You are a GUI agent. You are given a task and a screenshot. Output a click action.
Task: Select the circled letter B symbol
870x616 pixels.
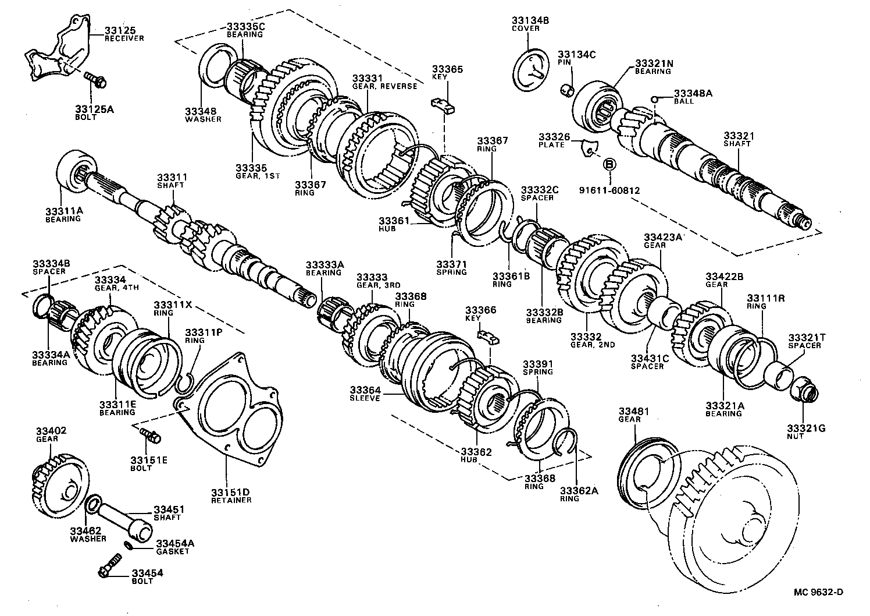point(609,165)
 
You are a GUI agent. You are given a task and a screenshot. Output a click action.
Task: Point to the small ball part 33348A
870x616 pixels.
point(654,100)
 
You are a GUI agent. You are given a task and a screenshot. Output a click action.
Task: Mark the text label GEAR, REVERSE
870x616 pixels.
point(384,86)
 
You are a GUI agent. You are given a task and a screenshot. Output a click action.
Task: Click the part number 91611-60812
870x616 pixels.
point(609,190)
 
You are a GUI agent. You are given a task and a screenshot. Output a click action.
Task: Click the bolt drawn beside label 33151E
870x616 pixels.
point(150,434)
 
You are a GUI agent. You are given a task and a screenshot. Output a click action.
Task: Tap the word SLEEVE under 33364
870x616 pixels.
point(365,398)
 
